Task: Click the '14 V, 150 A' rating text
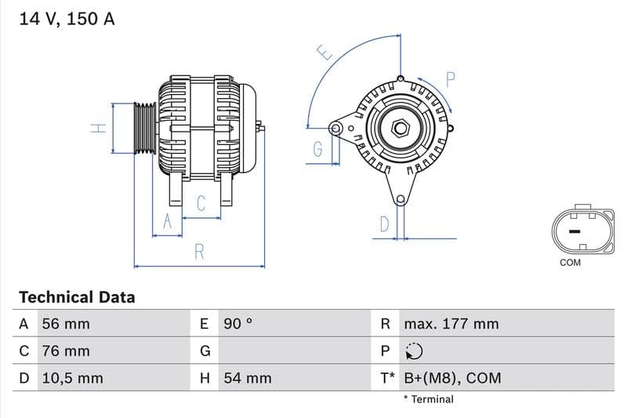tap(67, 19)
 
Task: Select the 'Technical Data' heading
tap(77, 297)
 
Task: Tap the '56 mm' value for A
tap(65, 324)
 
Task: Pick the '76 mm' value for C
tap(65, 351)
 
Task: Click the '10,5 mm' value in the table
tap(72, 378)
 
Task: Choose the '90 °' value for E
tap(239, 324)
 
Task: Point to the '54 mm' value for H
tap(248, 378)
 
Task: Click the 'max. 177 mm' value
tap(451, 324)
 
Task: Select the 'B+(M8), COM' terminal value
tap(452, 378)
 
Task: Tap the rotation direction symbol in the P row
tap(414, 351)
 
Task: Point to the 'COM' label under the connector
tap(570, 263)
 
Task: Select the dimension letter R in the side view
tap(199, 252)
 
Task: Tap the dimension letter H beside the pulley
tap(98, 128)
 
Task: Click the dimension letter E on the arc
tap(324, 53)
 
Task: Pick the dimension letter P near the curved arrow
tap(451, 79)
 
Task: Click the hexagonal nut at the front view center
tap(400, 127)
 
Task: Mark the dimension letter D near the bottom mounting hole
tap(384, 224)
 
